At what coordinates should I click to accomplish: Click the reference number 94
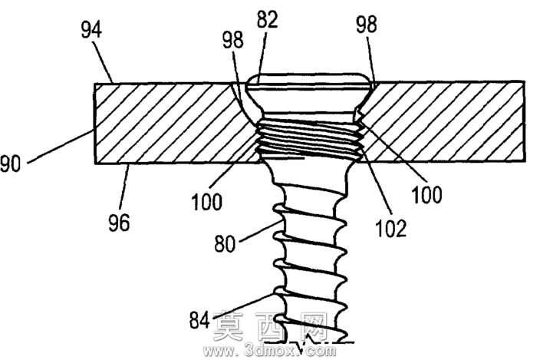pos(91,30)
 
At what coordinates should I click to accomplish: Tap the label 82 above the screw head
pos(267,19)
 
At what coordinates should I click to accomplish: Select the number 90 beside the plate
pos(10,164)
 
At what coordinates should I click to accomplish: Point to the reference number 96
pos(119,223)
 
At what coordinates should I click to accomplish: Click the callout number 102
pos(390,228)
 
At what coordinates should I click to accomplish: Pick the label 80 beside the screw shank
pos(225,244)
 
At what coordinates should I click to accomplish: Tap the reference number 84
pos(199,320)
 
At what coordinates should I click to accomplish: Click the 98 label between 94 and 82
pos(233,40)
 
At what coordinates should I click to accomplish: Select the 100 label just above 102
pos(426,195)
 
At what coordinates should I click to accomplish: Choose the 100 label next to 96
pos(206,202)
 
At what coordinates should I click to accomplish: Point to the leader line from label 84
pos(244,306)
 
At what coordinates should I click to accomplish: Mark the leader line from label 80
pos(261,231)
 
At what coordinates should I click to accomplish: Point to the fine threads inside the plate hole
pos(310,138)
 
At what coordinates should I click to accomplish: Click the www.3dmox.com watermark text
pos(269,351)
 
